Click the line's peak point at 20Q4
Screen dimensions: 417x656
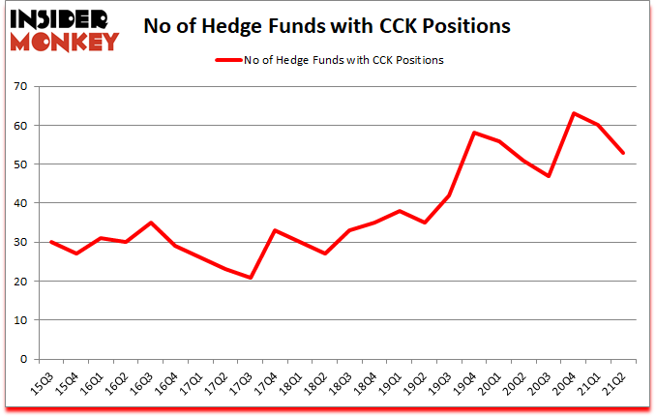(574, 113)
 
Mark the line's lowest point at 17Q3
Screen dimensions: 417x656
(251, 278)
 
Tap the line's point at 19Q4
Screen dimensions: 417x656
(474, 133)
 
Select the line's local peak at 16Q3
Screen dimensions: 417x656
(150, 223)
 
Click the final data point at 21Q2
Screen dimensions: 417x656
(624, 153)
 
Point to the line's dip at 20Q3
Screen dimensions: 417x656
(549, 176)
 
